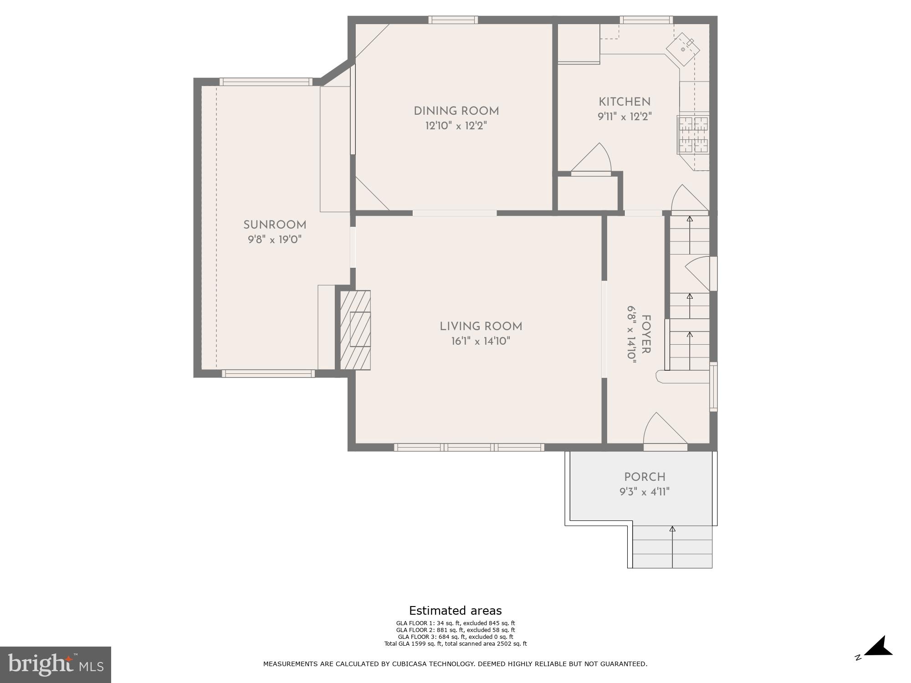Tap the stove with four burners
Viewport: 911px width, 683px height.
pos(693,135)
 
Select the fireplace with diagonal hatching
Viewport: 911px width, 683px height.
pos(355,330)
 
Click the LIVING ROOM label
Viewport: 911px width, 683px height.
pos(481,326)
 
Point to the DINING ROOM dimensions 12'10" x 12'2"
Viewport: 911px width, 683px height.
pos(456,126)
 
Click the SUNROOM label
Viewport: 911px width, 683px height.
pos(275,224)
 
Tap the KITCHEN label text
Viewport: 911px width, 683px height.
pos(624,102)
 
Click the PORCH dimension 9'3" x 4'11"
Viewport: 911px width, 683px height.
pos(644,492)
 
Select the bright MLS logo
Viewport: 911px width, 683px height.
pos(56,664)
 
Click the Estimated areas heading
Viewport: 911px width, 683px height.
pos(455,611)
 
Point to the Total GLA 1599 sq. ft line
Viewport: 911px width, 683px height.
pos(455,644)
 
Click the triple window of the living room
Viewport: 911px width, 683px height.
pos(469,448)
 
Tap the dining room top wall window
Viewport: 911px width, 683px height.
pos(453,20)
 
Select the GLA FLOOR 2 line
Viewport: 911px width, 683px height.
pos(455,630)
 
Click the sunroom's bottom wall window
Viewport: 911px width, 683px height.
pos(268,374)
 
